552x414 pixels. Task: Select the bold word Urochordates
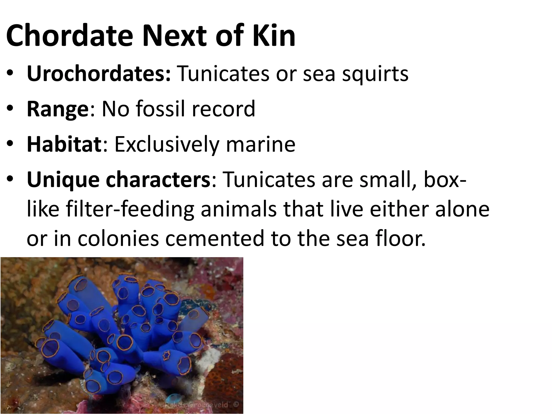[x=99, y=73]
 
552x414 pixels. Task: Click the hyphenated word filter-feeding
[x=130, y=209]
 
